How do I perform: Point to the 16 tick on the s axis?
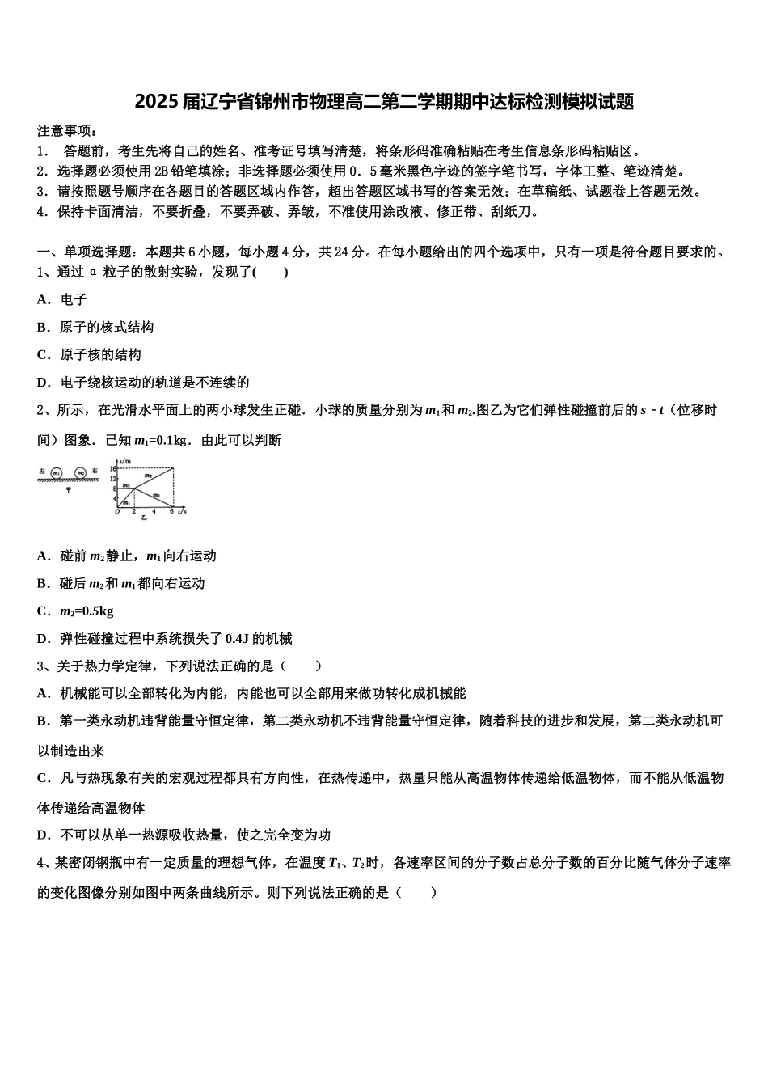[115, 468]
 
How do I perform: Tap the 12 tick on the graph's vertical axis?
[115, 478]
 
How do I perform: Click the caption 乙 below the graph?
[144, 517]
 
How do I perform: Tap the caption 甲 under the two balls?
[68, 489]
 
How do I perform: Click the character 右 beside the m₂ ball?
[95, 471]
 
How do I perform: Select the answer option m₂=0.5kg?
[87, 611]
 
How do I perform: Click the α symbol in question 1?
[94, 273]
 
